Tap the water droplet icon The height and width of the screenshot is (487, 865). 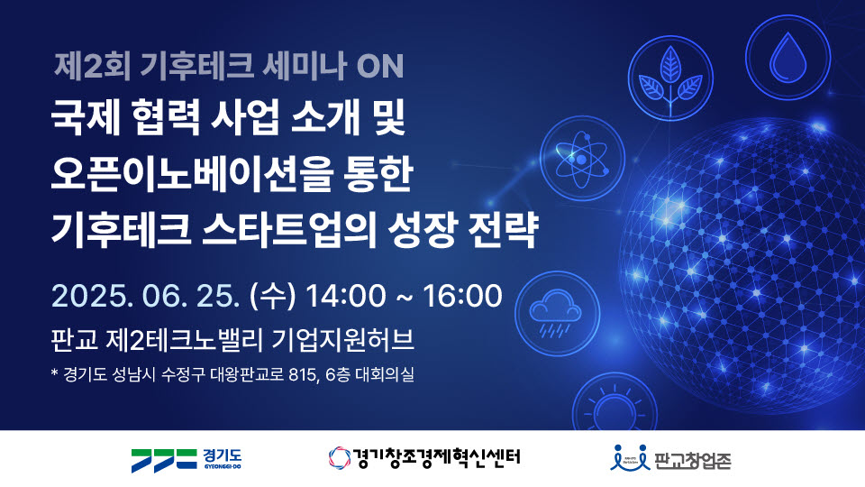(x=788, y=58)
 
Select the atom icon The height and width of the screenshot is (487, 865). (x=581, y=159)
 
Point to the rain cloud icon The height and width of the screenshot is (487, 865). (x=557, y=313)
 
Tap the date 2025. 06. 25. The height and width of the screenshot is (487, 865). (x=146, y=296)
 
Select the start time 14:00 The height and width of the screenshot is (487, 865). (x=345, y=296)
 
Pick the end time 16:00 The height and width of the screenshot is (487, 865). (x=462, y=296)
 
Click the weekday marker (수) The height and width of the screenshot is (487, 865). (x=272, y=296)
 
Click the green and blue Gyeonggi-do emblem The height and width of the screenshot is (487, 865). (x=164, y=460)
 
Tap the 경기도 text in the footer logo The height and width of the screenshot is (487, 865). (x=223, y=456)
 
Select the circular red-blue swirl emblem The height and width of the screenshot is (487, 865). (x=340, y=458)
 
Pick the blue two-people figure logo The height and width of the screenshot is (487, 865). (x=630, y=458)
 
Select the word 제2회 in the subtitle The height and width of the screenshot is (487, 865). (x=92, y=66)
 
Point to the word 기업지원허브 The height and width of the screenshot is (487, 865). (x=343, y=340)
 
